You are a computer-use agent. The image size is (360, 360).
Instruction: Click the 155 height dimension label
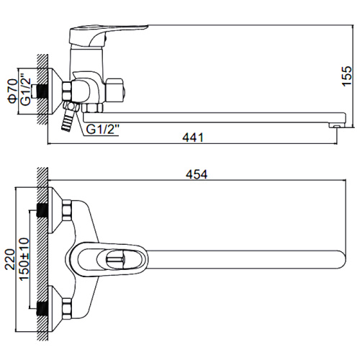346,76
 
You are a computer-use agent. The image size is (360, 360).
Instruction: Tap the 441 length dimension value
193,138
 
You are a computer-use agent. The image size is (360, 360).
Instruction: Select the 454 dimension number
197,174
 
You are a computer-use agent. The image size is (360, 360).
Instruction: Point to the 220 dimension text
10,259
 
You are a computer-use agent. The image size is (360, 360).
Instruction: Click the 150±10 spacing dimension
24,259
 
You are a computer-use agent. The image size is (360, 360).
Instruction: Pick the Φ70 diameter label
13,91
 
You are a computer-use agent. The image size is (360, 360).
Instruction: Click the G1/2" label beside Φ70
26,88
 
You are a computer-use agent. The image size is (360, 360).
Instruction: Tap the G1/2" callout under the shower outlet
103,130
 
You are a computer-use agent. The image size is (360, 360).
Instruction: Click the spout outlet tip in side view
336,125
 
